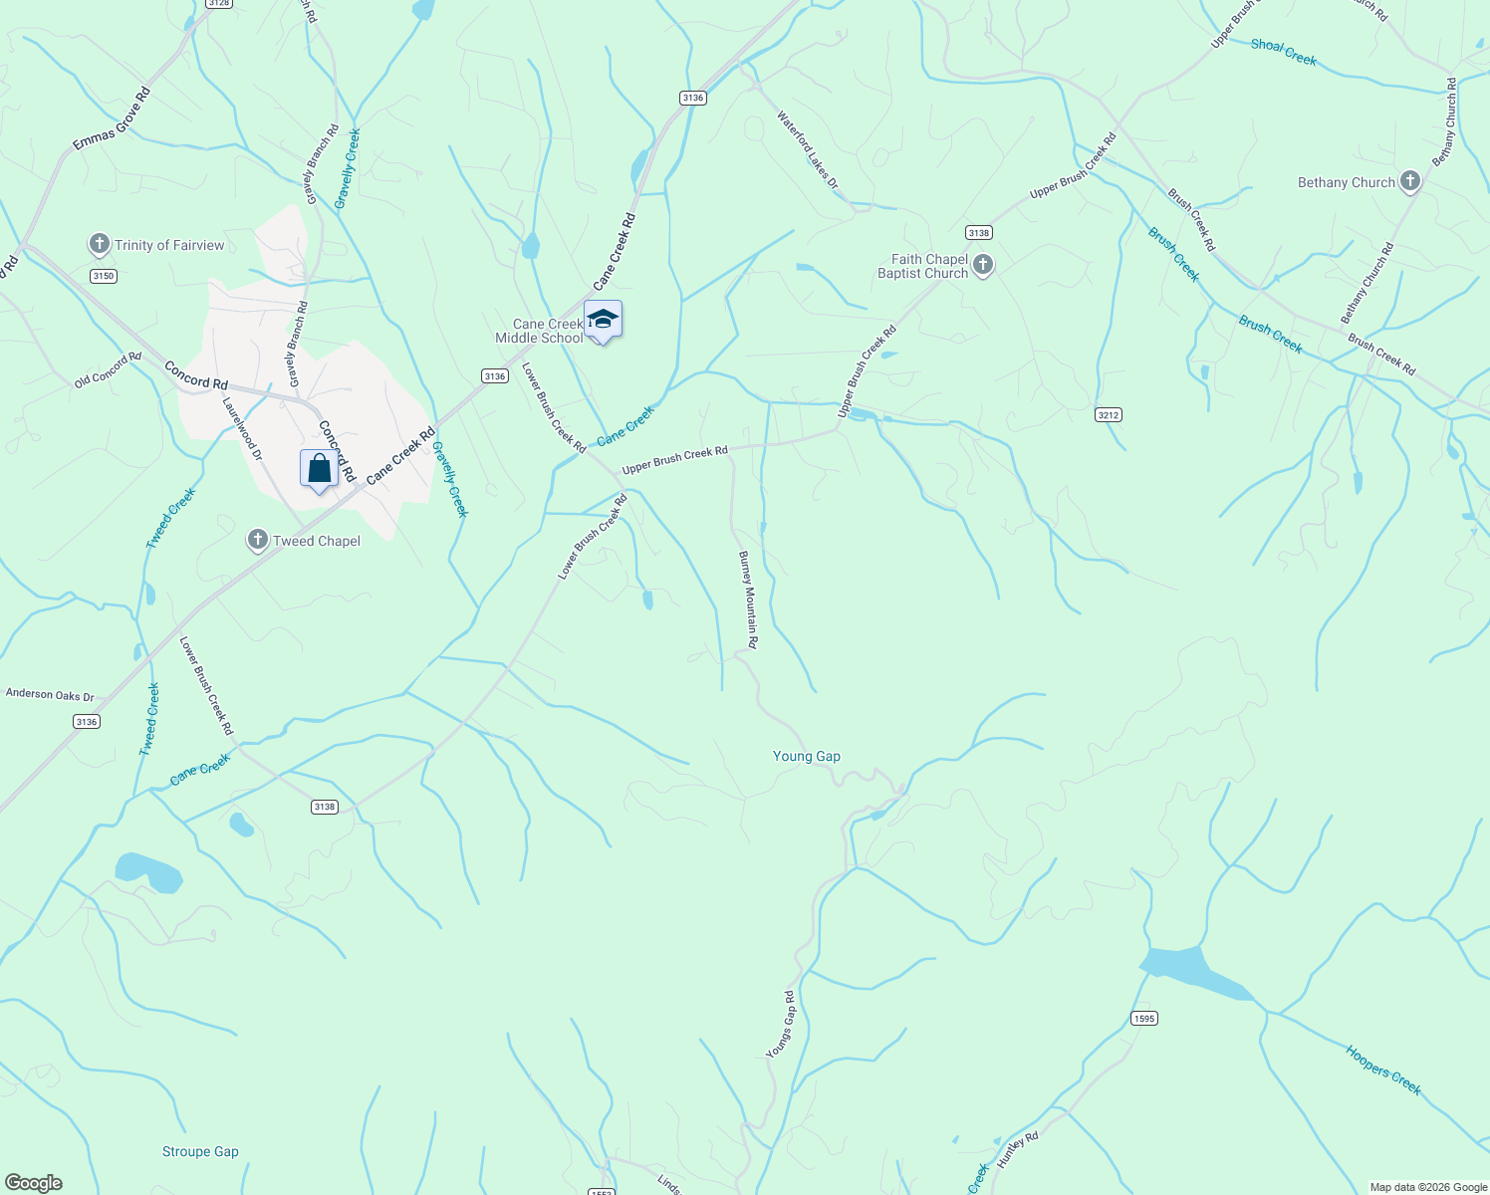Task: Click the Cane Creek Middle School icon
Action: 603,320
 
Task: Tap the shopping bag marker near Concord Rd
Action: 319,468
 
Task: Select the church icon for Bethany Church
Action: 1409,182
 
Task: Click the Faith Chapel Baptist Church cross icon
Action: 983,265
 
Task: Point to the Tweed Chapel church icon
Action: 257,541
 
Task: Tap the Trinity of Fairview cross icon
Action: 99,244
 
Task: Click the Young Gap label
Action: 806,756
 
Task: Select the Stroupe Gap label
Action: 200,1151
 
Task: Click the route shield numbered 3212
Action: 1109,414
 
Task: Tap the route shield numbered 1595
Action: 1144,1018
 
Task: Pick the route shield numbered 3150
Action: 103,276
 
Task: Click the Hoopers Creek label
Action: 1383,1070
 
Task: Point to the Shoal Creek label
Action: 1283,52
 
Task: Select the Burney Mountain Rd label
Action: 748,600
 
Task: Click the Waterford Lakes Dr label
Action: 808,150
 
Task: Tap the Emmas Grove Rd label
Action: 112,119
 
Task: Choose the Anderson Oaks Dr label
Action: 50,694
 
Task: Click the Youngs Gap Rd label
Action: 781,1025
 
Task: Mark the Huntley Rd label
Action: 1017,1151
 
